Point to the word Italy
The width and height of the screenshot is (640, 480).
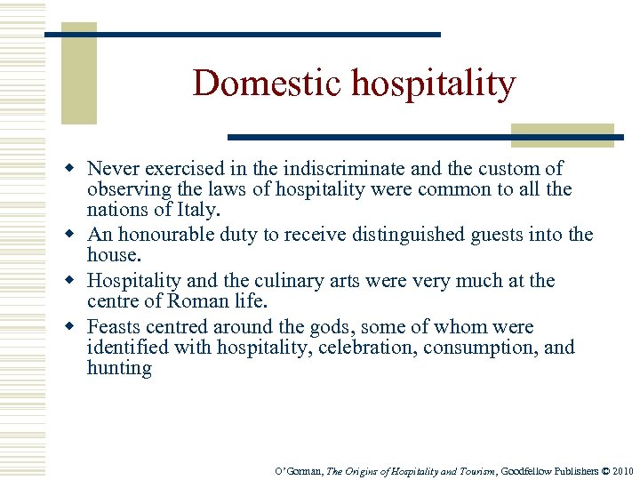point(197,211)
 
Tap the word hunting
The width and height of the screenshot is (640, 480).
point(119,369)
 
